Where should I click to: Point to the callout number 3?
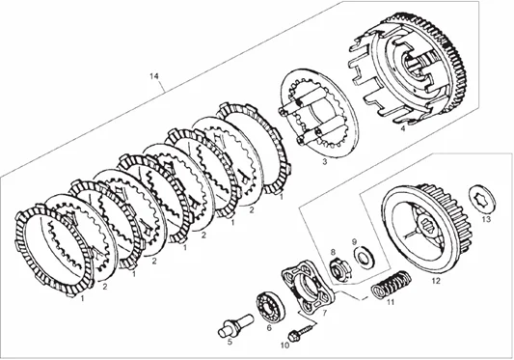(324, 164)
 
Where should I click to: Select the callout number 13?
(485, 220)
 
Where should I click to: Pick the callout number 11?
(391, 302)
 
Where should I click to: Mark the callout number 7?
(323, 314)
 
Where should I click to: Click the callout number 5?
(230, 340)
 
